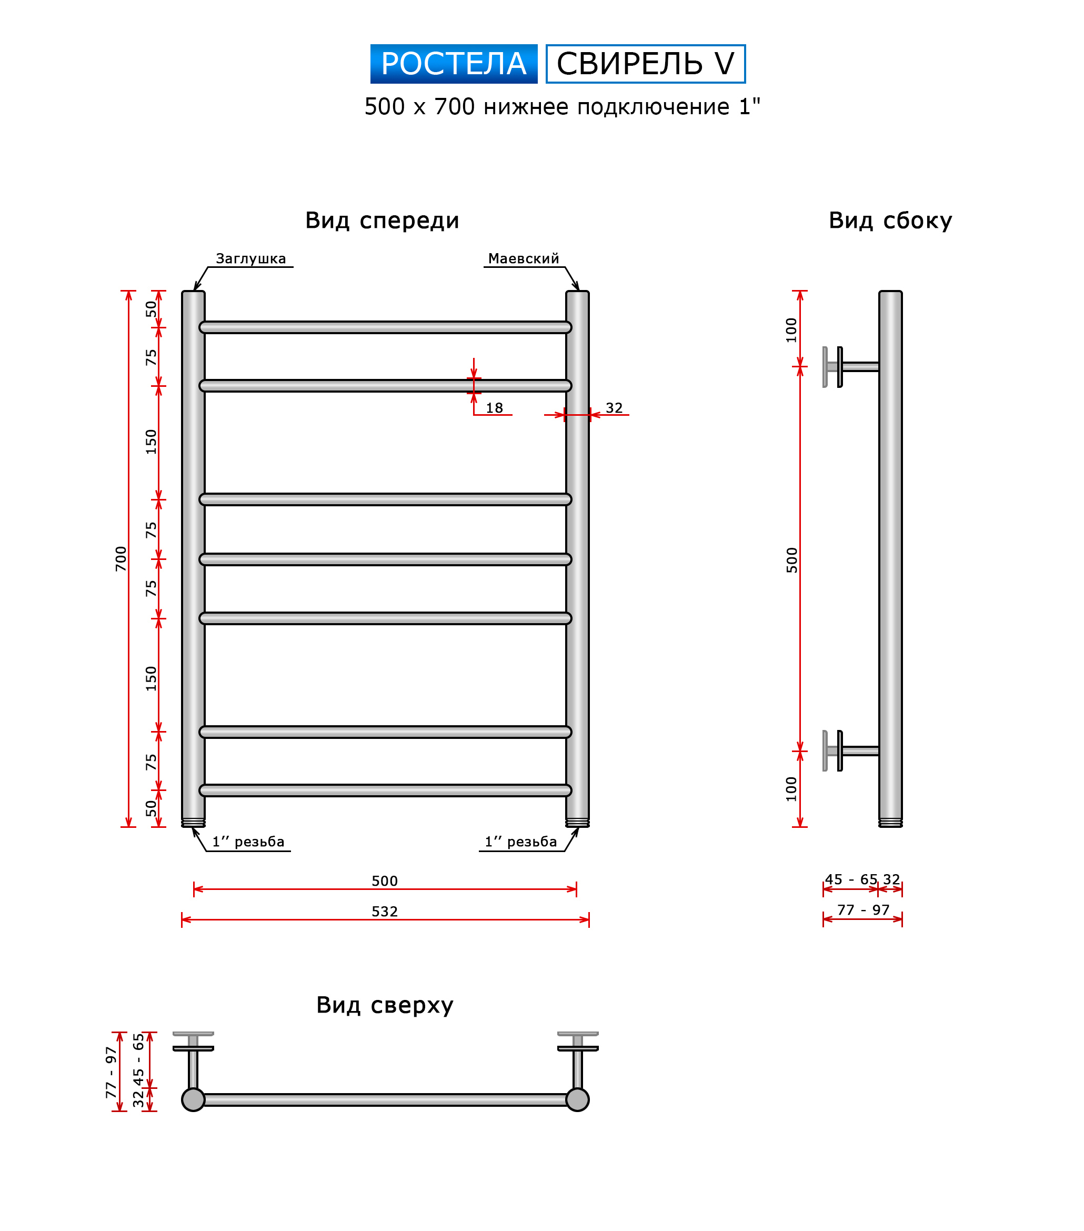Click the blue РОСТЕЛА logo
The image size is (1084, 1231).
[x=454, y=64]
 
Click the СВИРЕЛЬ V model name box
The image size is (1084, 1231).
[x=646, y=64]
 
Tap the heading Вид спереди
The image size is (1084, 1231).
[x=383, y=221]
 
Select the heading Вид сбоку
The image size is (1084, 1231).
[x=890, y=221]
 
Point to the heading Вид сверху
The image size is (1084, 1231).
[x=385, y=1005]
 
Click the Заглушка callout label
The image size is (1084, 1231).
[x=250, y=259]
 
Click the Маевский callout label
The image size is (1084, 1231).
[x=524, y=259]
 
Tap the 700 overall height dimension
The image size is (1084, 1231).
[x=121, y=558]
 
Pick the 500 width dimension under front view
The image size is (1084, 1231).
[x=385, y=880]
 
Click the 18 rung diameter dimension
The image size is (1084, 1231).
[x=495, y=408]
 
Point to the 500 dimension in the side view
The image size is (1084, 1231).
[x=792, y=559]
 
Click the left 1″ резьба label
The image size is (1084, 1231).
[x=248, y=842]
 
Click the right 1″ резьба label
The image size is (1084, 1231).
[x=521, y=842]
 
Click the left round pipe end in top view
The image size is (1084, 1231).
[x=193, y=1100]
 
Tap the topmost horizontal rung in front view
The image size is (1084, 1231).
[x=385, y=327]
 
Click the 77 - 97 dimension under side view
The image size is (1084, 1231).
[x=863, y=909]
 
